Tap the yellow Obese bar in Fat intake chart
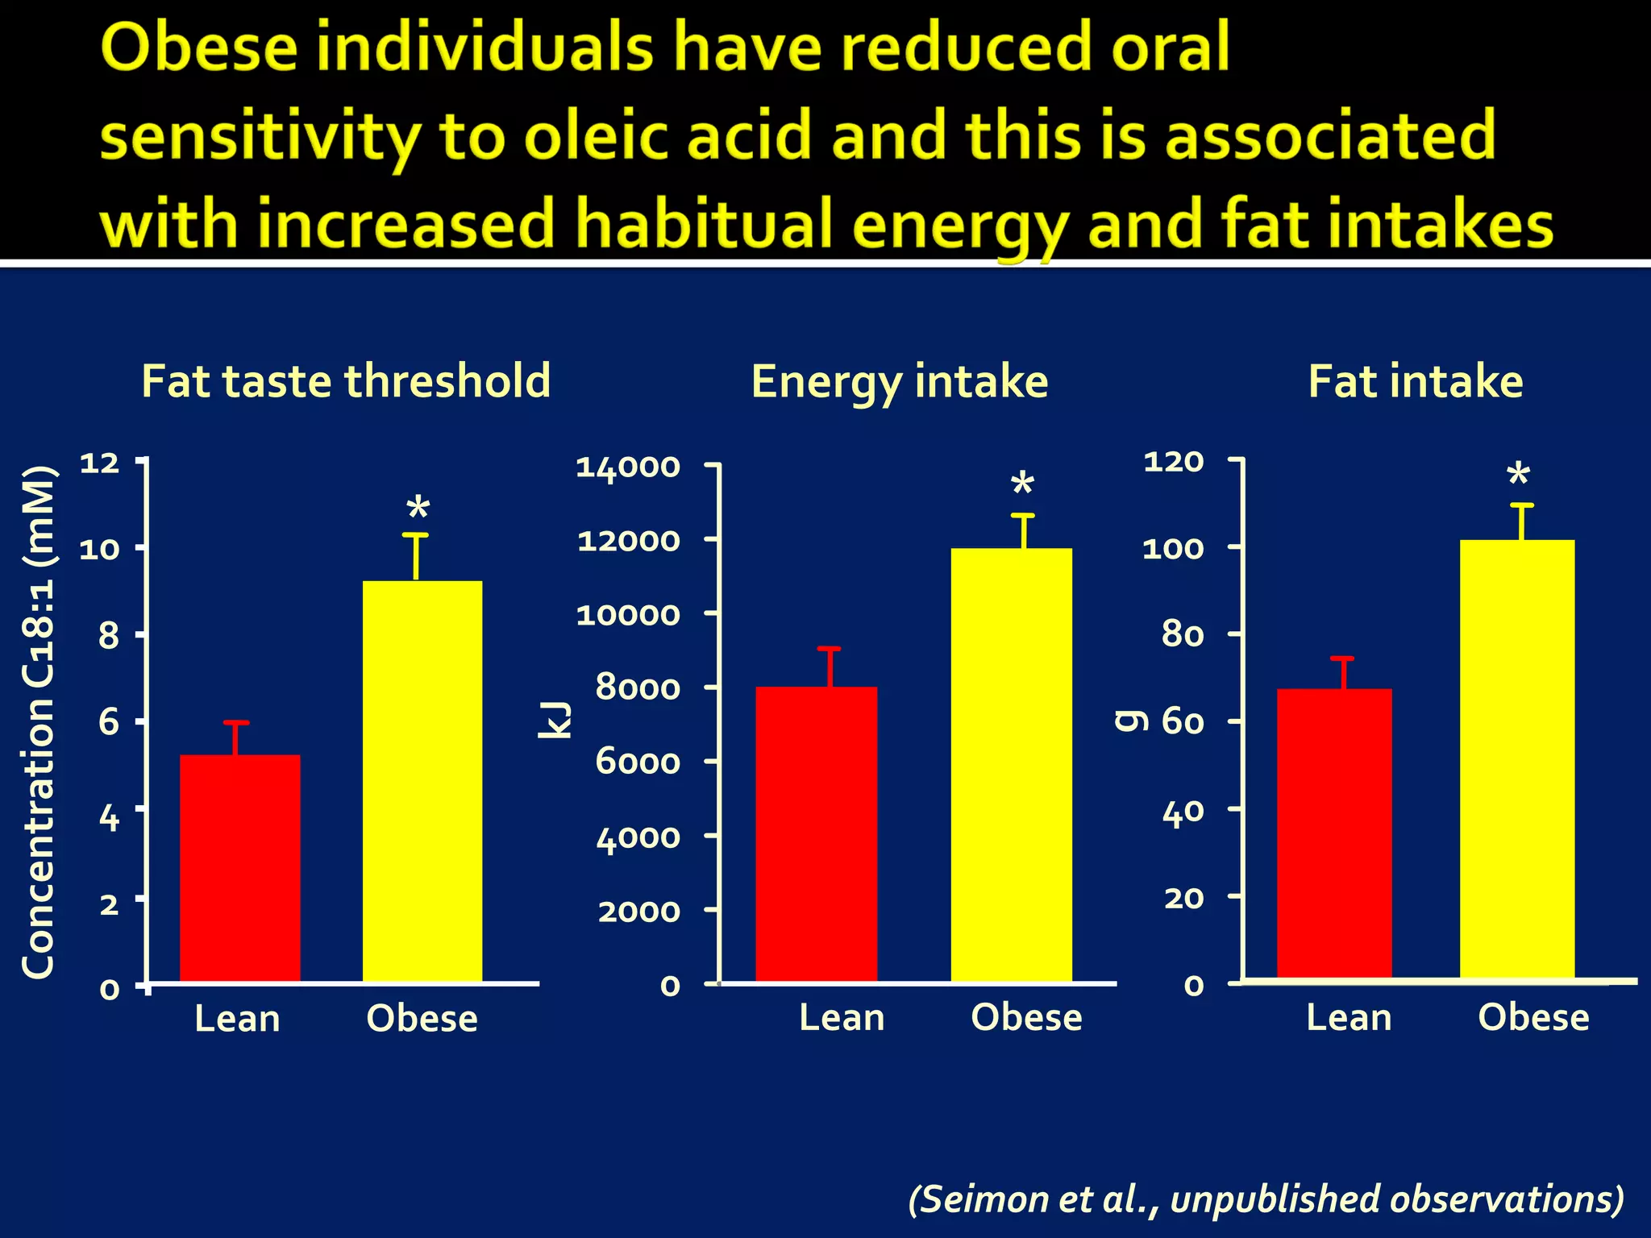click(1516, 758)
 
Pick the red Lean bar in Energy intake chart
click(816, 833)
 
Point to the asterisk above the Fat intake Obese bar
click(1518, 476)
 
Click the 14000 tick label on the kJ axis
click(628, 467)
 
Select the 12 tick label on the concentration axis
click(99, 463)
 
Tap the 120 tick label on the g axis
click(1173, 462)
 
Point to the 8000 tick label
click(638, 688)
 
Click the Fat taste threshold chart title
click(346, 381)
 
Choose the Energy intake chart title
click(899, 381)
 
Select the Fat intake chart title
click(1415, 381)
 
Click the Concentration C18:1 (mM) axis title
click(38, 721)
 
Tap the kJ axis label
click(555, 720)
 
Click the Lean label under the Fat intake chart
click(1348, 1018)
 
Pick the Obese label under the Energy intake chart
click(1026, 1018)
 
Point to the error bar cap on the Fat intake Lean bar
click(1341, 659)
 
